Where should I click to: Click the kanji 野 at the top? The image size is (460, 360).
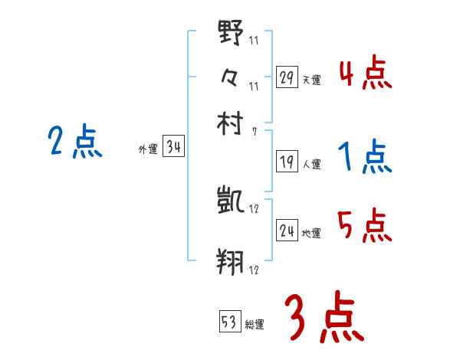tap(231, 34)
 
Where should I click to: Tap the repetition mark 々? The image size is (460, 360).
tap(231, 77)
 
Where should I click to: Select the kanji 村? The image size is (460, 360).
tap(231, 123)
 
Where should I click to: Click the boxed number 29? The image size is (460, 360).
tap(287, 77)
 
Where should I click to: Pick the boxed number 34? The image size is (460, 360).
tap(173, 148)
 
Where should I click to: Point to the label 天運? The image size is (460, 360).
tap(311, 79)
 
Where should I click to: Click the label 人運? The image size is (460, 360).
tap(311, 163)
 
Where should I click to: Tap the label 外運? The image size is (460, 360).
tap(147, 150)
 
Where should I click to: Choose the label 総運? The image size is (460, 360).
tap(255, 323)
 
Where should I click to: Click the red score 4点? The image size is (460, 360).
tap(365, 74)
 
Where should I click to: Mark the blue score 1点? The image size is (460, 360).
tap(365, 157)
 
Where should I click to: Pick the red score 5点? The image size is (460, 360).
tap(365, 225)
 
